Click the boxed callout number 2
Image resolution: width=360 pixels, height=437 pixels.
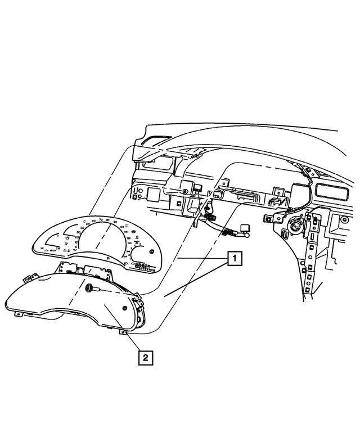tap(145, 357)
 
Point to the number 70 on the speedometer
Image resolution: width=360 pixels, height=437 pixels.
tap(100, 219)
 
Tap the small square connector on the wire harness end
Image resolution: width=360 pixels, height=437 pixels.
tap(246, 228)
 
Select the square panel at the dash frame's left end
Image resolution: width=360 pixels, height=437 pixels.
tap(151, 195)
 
